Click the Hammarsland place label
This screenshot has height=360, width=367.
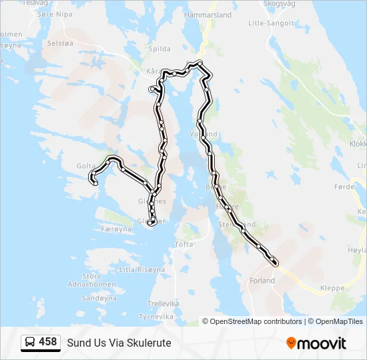(208, 14)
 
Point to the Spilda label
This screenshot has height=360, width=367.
(159, 49)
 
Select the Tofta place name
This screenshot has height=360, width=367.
(183, 245)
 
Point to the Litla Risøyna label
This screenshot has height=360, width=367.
(141, 269)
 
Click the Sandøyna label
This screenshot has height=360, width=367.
(99, 299)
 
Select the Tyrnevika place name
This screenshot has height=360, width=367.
(155, 316)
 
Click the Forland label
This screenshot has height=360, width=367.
(262, 281)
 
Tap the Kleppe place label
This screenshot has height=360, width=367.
(332, 289)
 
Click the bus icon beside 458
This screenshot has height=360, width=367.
(30, 343)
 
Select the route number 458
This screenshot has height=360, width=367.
(48, 342)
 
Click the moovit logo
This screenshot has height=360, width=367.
(316, 343)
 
